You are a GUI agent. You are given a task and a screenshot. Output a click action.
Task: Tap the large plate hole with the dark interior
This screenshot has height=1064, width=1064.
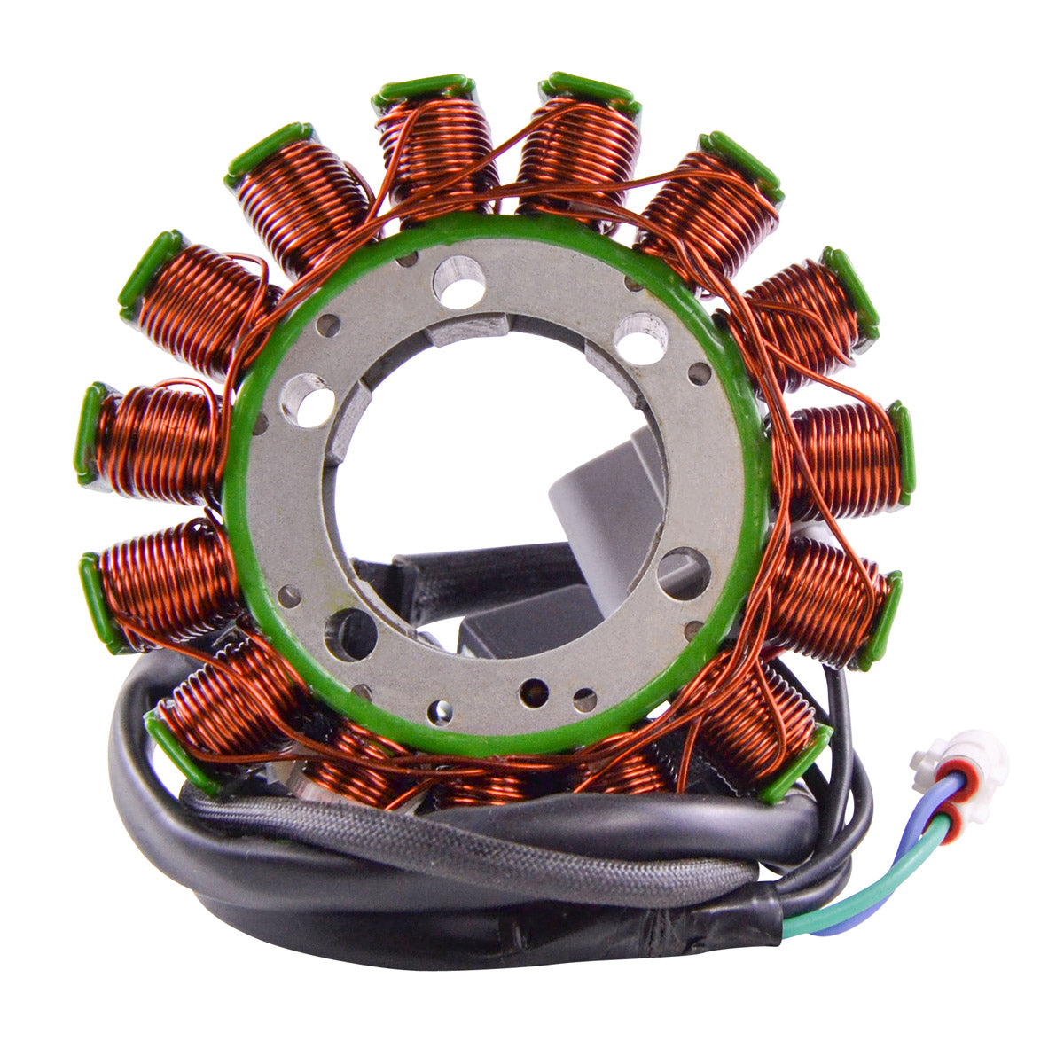click(x=349, y=633)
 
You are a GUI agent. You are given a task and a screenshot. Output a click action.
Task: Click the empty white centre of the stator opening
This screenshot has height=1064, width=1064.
click(x=461, y=461)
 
